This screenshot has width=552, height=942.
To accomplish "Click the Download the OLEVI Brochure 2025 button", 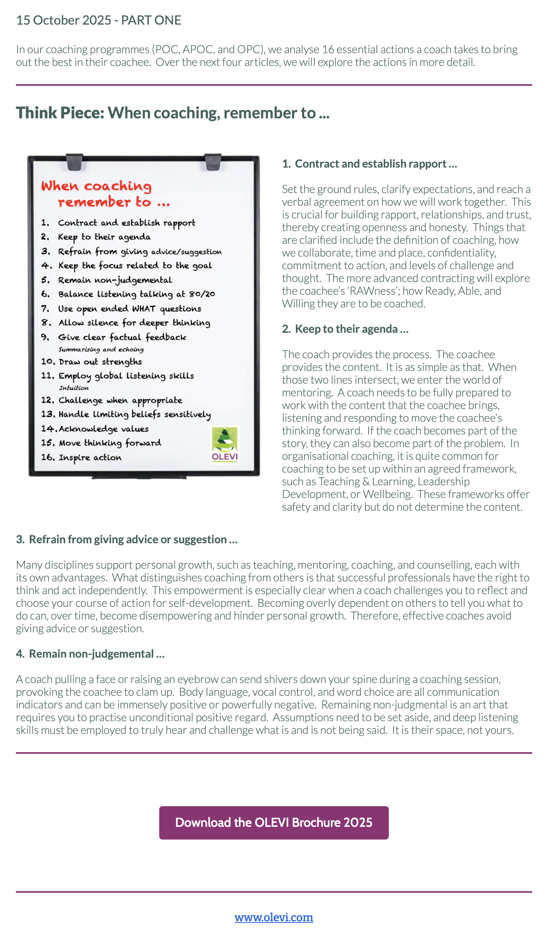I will point(274,822).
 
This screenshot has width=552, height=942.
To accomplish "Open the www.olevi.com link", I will point(274,917).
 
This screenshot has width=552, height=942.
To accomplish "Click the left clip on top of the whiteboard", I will point(74,160).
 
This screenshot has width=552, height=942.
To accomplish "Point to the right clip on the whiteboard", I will point(212,161).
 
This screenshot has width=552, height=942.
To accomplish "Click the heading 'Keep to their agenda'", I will point(346,329).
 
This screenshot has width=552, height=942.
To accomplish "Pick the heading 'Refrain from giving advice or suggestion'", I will point(127,540).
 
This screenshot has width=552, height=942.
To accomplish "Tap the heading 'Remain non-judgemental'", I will point(91,654).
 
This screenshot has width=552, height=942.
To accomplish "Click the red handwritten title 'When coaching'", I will point(96,186).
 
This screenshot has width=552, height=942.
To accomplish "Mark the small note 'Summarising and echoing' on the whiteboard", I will point(101,349).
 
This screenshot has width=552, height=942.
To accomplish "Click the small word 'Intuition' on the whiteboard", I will point(74,388).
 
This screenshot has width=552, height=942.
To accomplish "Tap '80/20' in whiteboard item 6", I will point(202,294).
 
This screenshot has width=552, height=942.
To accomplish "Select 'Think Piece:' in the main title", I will point(60,113).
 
